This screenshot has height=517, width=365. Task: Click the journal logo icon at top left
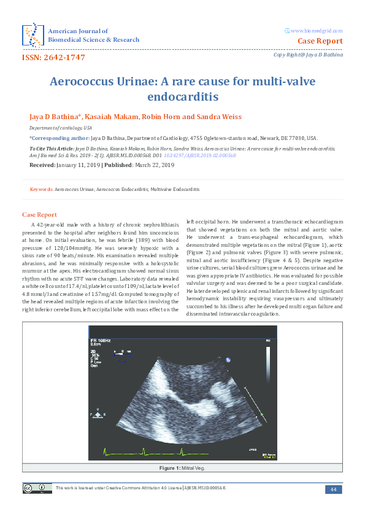[32, 35]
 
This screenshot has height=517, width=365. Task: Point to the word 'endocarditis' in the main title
[182, 96]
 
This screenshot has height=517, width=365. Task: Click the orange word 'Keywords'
[41, 190]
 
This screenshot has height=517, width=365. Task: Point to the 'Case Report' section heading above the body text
[39, 215]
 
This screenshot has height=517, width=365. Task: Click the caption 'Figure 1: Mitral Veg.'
[182, 468]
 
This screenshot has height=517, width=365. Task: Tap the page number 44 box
[333, 489]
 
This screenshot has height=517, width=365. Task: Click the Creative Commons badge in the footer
[34, 488]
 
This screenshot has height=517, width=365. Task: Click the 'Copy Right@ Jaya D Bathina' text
[308, 56]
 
